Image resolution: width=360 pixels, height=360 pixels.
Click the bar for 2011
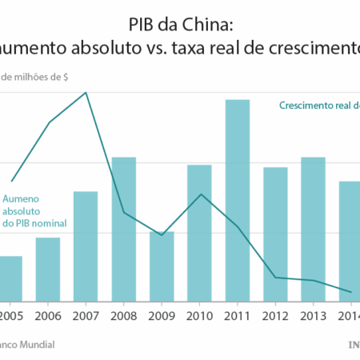[x=238, y=200]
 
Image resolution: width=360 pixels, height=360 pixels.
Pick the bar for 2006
[x=48, y=269]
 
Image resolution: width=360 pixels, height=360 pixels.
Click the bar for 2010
[x=199, y=232]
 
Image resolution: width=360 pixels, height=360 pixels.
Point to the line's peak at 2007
[x=86, y=93]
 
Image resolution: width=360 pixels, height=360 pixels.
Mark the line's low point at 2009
[x=162, y=235]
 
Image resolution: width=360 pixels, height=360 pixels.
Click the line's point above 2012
[x=275, y=278]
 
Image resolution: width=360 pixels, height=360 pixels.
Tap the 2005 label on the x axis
[x=10, y=315]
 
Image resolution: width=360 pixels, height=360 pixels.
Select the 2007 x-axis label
[x=86, y=315]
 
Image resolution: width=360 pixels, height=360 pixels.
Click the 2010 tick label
[x=199, y=315]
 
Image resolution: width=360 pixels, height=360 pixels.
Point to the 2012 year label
[x=275, y=315]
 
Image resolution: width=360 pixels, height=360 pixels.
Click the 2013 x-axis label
[x=313, y=315]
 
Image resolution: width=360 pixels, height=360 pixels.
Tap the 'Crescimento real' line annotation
[x=313, y=106]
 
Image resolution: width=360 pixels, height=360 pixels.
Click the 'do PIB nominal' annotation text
[x=34, y=223]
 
